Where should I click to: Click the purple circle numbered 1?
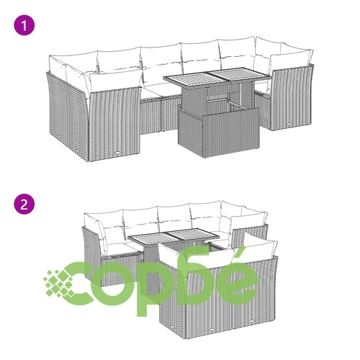(24, 25)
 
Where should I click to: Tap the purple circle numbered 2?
(24, 204)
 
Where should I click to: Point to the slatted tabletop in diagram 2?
(174, 237)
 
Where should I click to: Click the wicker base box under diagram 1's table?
(218, 132)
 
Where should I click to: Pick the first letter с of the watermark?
(81, 284)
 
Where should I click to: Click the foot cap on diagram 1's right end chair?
(290, 125)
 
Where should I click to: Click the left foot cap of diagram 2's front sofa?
(212, 330)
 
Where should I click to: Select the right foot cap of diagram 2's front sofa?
(252, 321)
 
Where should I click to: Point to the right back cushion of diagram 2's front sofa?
(255, 251)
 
